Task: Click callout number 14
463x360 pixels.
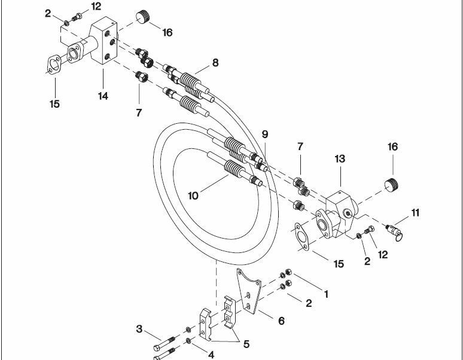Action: (103, 96)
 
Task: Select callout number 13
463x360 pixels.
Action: (340, 158)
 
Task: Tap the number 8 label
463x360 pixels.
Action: (215, 63)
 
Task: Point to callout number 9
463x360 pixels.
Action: (265, 135)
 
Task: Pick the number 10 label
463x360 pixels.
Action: (193, 196)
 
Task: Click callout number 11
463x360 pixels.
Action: (416, 212)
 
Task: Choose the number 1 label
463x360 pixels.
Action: (326, 294)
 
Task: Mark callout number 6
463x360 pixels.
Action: (281, 321)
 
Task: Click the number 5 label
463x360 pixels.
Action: (246, 344)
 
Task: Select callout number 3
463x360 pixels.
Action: (139, 329)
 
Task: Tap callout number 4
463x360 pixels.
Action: (211, 355)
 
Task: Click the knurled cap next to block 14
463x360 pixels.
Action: (143, 17)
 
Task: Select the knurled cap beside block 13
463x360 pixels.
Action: (392, 185)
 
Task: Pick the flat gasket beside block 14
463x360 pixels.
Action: (54, 65)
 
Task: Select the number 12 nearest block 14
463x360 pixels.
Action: (96, 6)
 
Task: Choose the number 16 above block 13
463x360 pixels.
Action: (393, 147)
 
